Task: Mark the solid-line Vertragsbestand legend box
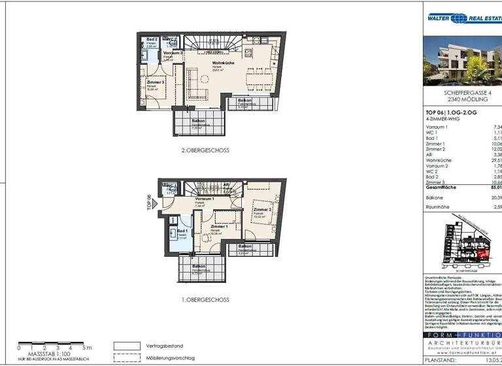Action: (x=127, y=346)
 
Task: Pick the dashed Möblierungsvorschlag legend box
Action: (x=127, y=358)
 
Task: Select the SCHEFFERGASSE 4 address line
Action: (x=461, y=93)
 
